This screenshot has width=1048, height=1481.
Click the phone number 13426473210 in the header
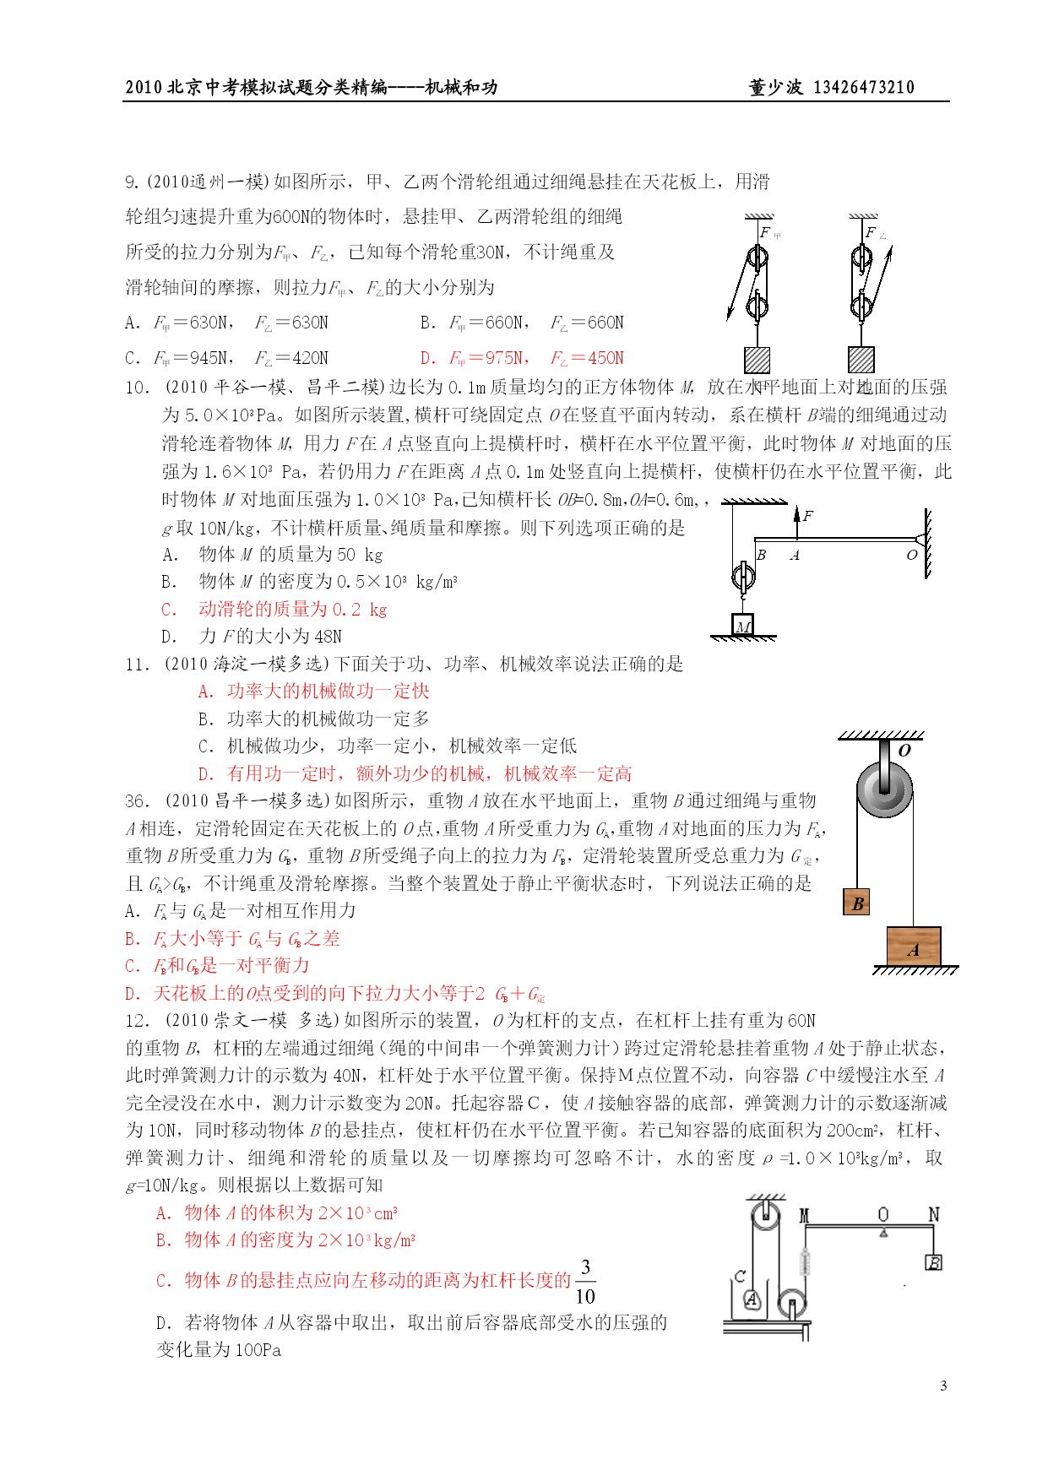pyautogui.click(x=863, y=87)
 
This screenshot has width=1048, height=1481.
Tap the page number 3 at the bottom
pyautogui.click(x=943, y=1386)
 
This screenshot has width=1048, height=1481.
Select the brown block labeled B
pyautogui.click(x=857, y=903)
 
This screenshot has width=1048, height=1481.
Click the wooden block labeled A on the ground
pyautogui.click(x=913, y=947)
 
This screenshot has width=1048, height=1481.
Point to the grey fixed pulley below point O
pyautogui.click(x=884, y=790)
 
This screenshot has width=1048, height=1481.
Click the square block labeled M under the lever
pyautogui.click(x=742, y=625)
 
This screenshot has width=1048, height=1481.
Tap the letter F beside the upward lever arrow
pyautogui.click(x=808, y=515)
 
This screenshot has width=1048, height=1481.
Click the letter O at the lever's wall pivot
pyautogui.click(x=911, y=555)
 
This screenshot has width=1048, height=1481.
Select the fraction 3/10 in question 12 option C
pyautogui.click(x=584, y=1281)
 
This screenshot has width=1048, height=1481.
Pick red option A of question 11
pyautogui.click(x=313, y=692)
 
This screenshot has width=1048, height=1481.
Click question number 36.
pyautogui.click(x=137, y=801)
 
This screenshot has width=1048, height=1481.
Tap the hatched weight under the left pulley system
pyautogui.click(x=757, y=360)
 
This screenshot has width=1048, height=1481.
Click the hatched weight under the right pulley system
pyautogui.click(x=861, y=360)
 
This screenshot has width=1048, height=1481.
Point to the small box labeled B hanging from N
pyautogui.click(x=933, y=1262)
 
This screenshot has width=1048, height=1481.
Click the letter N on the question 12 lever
pyautogui.click(x=933, y=1214)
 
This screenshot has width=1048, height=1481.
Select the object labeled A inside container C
pyautogui.click(x=752, y=1300)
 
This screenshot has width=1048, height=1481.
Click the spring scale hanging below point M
pyautogui.click(x=805, y=1262)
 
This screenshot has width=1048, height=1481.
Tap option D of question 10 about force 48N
pyautogui.click(x=252, y=637)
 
